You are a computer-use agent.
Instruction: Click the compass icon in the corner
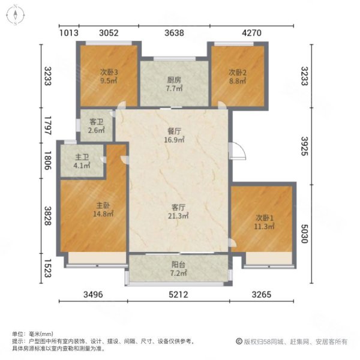pos(14,14)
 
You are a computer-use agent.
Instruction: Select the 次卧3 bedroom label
pos(109,71)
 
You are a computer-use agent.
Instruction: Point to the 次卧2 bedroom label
pos(238,71)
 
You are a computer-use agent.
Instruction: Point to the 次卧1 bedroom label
pos(263,217)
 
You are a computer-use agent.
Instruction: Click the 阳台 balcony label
pos(178,265)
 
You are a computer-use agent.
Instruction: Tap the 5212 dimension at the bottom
pos(178,295)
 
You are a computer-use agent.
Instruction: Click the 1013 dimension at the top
pos(70,34)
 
